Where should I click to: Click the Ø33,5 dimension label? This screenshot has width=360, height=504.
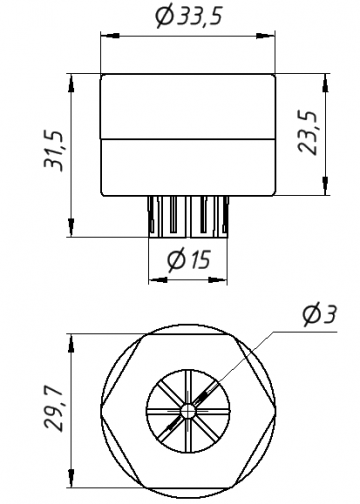point(189,16)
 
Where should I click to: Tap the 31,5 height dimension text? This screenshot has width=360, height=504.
point(54,151)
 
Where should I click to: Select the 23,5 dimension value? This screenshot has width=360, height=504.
point(307,132)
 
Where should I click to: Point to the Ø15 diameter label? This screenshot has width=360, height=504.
point(189,259)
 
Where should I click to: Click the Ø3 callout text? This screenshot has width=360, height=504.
point(319,314)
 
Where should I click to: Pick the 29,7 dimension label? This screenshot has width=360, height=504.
point(53,410)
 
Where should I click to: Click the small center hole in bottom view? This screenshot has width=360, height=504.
point(188,411)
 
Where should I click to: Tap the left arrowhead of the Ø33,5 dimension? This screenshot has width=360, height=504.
point(110,36)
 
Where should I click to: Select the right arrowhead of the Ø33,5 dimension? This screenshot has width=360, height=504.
point(266,36)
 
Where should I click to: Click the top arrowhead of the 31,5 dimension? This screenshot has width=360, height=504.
point(71,83)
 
